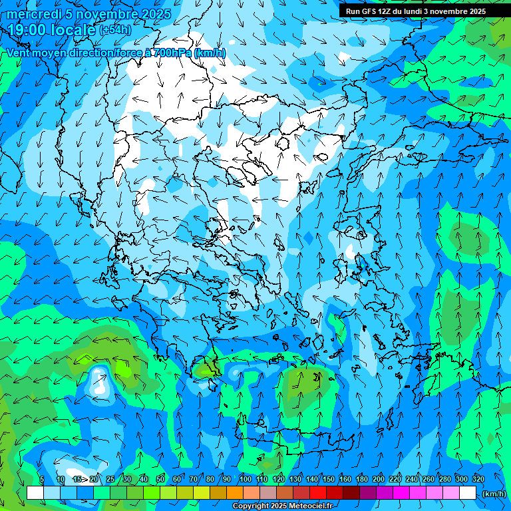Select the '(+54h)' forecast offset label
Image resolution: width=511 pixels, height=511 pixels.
(114, 30)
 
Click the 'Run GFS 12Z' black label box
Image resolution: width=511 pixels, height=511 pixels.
(415, 11)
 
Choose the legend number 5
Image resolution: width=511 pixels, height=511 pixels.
(41, 479)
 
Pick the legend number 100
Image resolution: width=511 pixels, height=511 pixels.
(246, 479)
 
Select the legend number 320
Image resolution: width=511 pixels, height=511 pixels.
(478, 479)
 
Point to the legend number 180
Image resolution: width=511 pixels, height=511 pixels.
(362, 479)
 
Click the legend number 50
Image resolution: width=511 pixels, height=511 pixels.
(160, 479)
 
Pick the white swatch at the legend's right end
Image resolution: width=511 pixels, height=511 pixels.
(468, 493)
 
